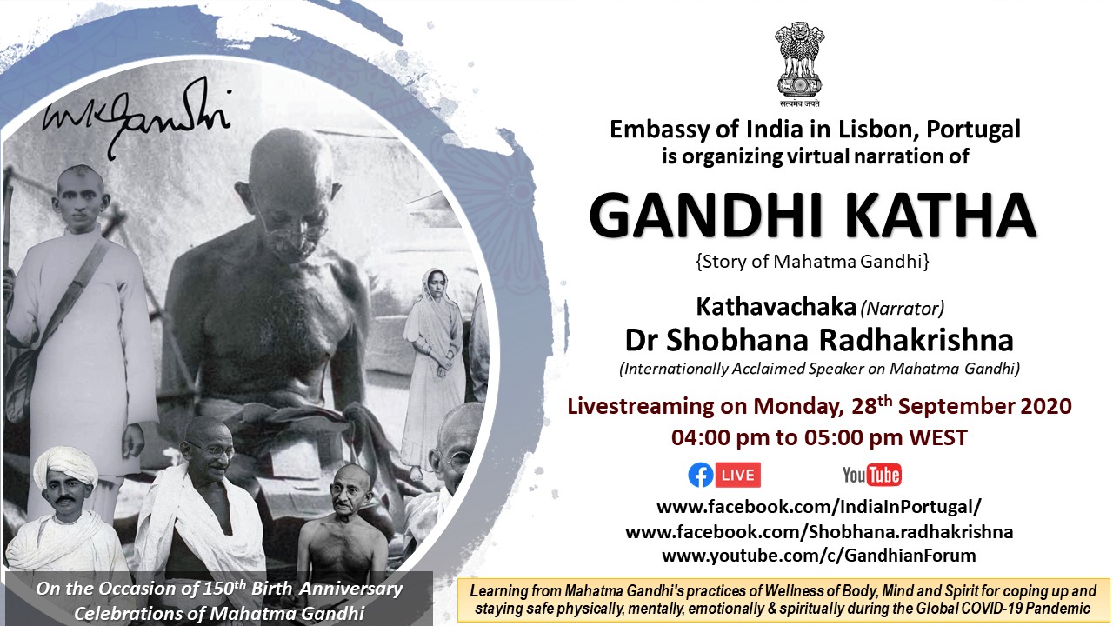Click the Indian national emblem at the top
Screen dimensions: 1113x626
(x=799, y=64)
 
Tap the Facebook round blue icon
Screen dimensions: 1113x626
(x=701, y=475)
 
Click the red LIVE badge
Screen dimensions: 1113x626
(x=738, y=475)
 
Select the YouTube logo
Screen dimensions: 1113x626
(x=872, y=475)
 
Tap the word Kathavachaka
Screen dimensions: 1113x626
(x=776, y=307)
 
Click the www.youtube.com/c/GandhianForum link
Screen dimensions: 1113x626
(x=819, y=555)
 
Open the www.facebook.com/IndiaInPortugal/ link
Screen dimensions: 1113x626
(x=819, y=507)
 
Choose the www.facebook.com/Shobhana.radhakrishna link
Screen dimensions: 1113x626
(x=819, y=531)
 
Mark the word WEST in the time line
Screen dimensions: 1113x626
(x=938, y=437)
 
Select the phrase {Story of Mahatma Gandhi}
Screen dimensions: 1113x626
(x=812, y=262)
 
